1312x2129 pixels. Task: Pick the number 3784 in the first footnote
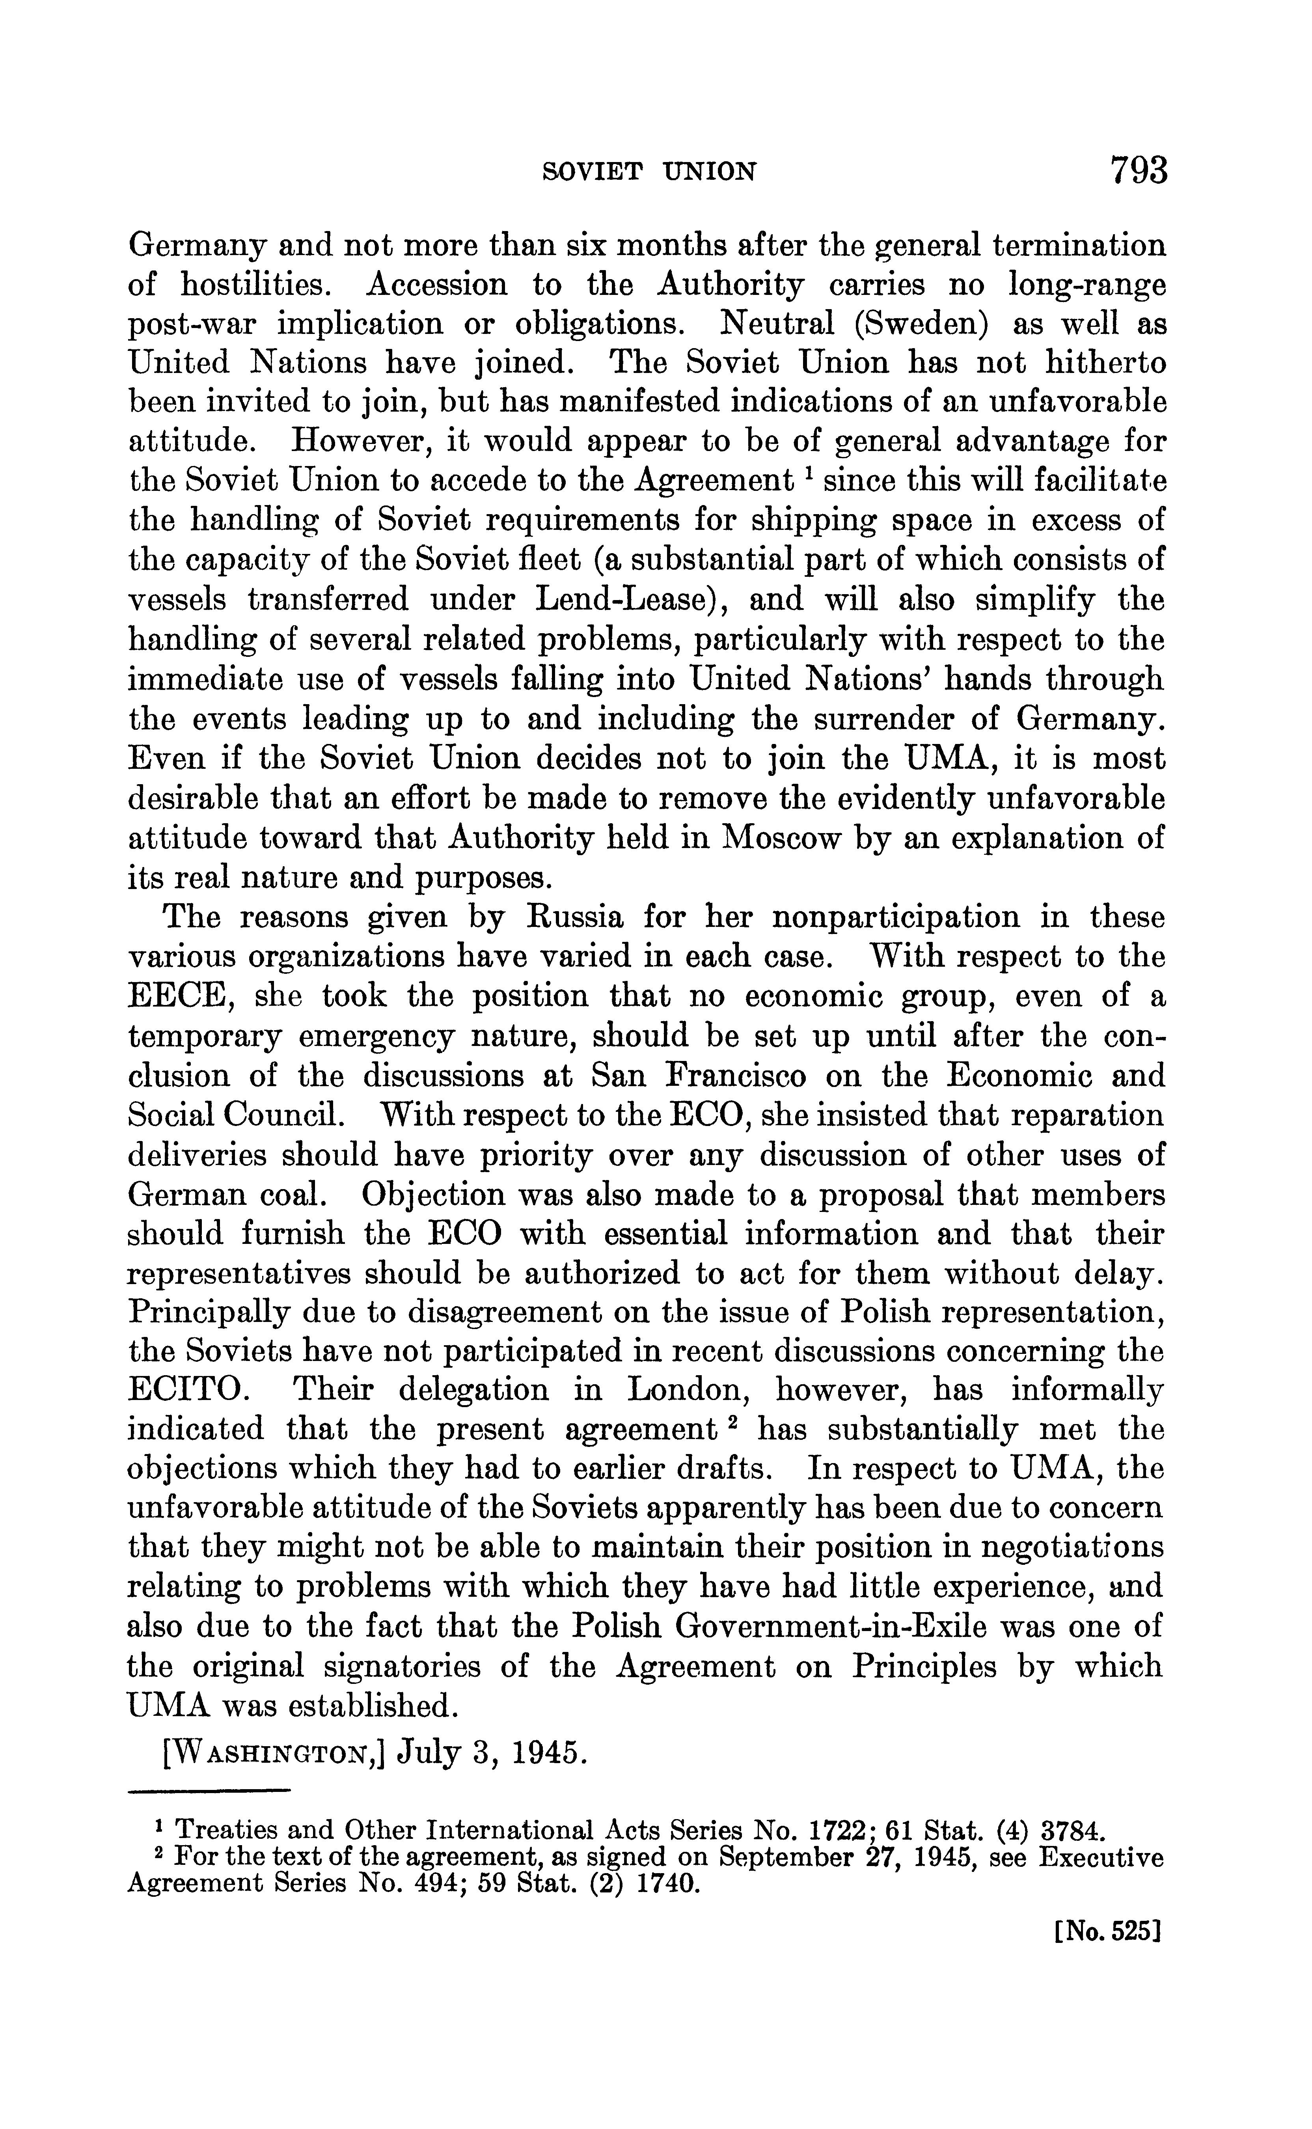1073,1831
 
